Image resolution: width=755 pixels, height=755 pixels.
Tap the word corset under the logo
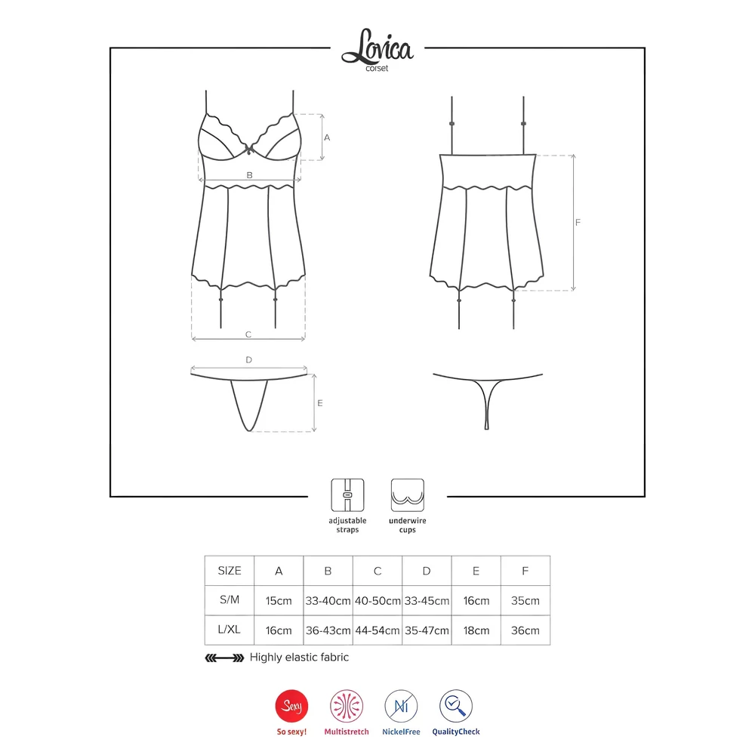coord(377,69)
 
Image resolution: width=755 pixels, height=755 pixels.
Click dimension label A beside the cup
coord(327,137)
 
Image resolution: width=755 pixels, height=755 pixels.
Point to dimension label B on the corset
coord(249,175)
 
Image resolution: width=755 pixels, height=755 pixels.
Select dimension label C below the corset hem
coord(248,334)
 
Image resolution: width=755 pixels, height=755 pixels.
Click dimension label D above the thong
coord(248,359)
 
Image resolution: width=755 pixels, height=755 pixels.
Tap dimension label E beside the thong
coord(320,403)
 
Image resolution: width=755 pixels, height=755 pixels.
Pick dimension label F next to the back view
coord(578,223)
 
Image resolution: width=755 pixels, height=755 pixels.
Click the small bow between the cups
coord(248,149)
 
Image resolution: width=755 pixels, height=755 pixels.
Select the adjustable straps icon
coord(347,495)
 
